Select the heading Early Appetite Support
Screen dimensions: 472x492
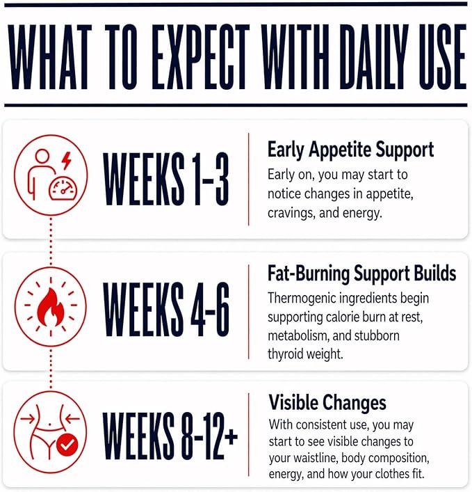point(350,150)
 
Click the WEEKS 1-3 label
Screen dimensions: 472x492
point(166,179)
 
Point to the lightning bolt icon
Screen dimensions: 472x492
point(67,160)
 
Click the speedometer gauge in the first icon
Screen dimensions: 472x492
point(63,189)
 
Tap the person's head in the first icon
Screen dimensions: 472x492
point(42,157)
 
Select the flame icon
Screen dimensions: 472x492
point(51,307)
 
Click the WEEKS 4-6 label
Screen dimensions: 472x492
point(166,309)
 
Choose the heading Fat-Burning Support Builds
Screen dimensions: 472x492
point(361,273)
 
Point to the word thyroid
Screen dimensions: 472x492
point(285,354)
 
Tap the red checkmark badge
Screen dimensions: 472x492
point(67,444)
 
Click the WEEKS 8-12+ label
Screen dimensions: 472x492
point(170,436)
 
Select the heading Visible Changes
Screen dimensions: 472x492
point(327,402)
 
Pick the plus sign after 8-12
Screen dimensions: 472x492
point(231,437)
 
